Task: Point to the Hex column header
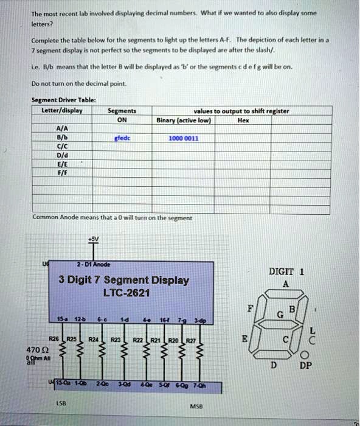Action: click(x=243, y=120)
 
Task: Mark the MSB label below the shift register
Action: click(x=196, y=406)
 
